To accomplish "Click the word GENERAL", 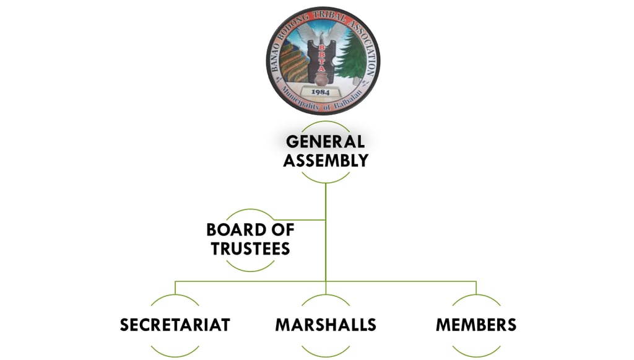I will (325, 141).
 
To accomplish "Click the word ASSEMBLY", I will (326, 161).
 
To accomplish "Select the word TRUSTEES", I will (250, 249).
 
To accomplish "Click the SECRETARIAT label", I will (175, 325).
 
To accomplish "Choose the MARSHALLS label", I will (326, 325).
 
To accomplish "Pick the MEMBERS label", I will (475, 325).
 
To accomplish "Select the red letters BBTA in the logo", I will (321, 59).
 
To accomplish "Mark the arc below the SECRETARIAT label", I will (175, 349).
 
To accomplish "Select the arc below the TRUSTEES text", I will (250, 266).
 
